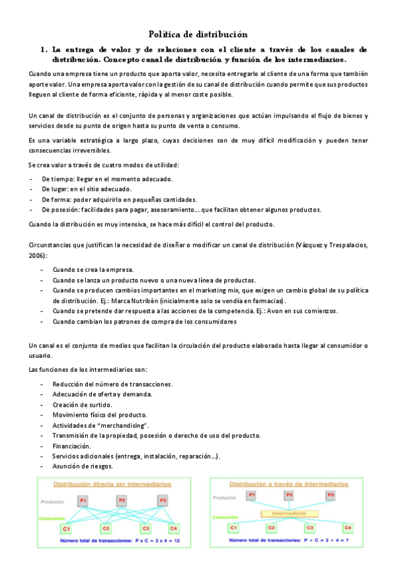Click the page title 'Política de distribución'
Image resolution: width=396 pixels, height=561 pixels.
(198, 34)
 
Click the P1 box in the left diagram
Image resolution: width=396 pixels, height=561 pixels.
(83, 500)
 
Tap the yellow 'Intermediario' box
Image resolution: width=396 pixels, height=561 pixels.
(290, 513)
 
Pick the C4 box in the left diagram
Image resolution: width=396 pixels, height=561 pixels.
(174, 529)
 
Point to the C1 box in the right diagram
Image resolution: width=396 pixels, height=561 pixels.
(233, 527)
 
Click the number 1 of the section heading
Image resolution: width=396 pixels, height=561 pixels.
(43, 49)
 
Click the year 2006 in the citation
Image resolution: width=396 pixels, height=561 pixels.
(38, 255)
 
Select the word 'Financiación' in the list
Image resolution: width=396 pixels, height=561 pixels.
(71, 446)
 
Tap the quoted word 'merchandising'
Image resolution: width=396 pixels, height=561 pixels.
(124, 425)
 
